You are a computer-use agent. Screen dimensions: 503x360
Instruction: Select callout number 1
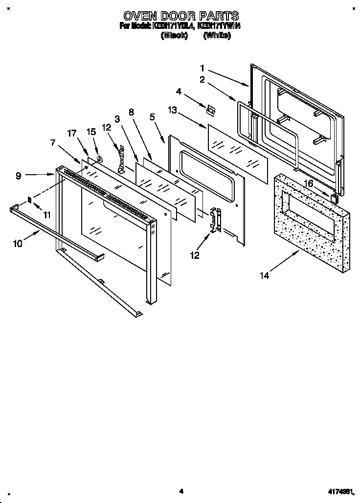[x=202, y=68]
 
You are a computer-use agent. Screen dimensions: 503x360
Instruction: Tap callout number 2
[x=202, y=79]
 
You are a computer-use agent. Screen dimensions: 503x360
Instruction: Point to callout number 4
[x=179, y=91]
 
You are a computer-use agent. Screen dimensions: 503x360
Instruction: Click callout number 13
[x=172, y=111]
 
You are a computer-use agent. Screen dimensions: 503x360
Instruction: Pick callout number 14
[x=264, y=275]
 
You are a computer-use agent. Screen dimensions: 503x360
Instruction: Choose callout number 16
[x=308, y=183]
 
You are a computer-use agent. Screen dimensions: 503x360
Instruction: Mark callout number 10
[x=18, y=243]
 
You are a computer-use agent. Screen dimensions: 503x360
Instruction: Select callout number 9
[x=18, y=176]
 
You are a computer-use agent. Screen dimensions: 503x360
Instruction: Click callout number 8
[x=131, y=112]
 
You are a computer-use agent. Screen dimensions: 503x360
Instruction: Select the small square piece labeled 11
[x=30, y=200]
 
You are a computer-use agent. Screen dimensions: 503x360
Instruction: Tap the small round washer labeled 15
[x=99, y=158]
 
